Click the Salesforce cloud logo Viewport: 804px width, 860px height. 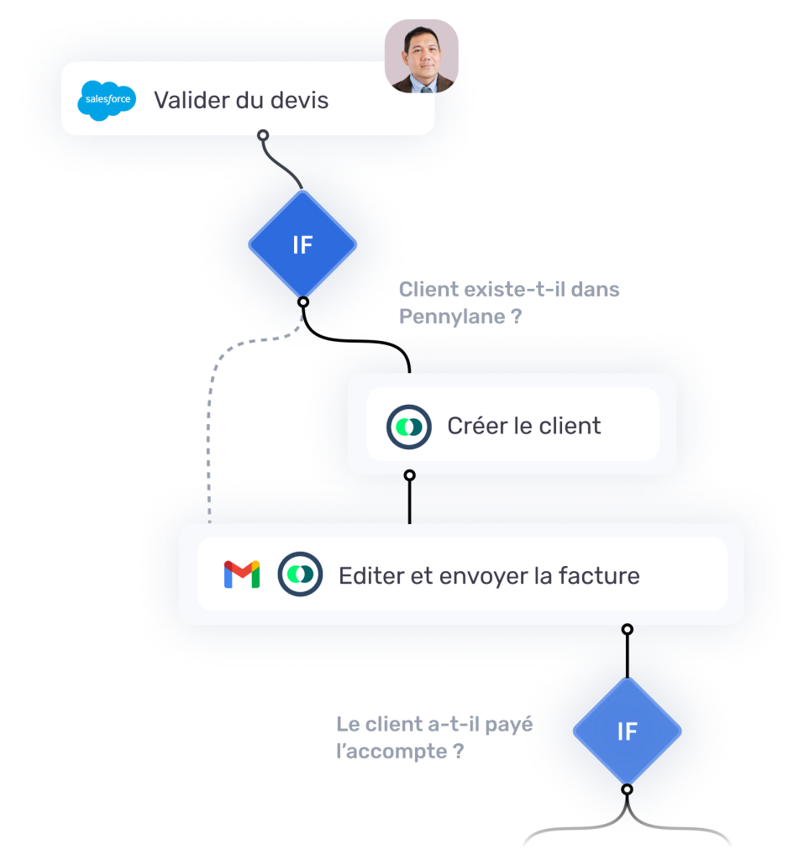tap(107, 101)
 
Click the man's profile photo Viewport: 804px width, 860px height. tap(422, 56)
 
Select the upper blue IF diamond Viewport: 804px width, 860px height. tap(302, 245)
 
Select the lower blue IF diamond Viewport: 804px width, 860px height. tap(627, 732)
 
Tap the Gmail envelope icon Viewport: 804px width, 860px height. tap(242, 575)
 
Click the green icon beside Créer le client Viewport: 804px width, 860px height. tap(409, 426)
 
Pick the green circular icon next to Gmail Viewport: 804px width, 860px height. tap(301, 575)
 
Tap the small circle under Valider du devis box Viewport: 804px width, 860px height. tap(263, 135)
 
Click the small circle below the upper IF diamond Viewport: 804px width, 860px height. tap(303, 302)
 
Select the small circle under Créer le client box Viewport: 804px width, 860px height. tap(410, 475)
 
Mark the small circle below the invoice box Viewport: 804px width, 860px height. tap(627, 629)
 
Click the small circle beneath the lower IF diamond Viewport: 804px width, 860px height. tap(627, 789)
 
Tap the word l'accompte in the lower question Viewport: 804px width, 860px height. tap(391, 752)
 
